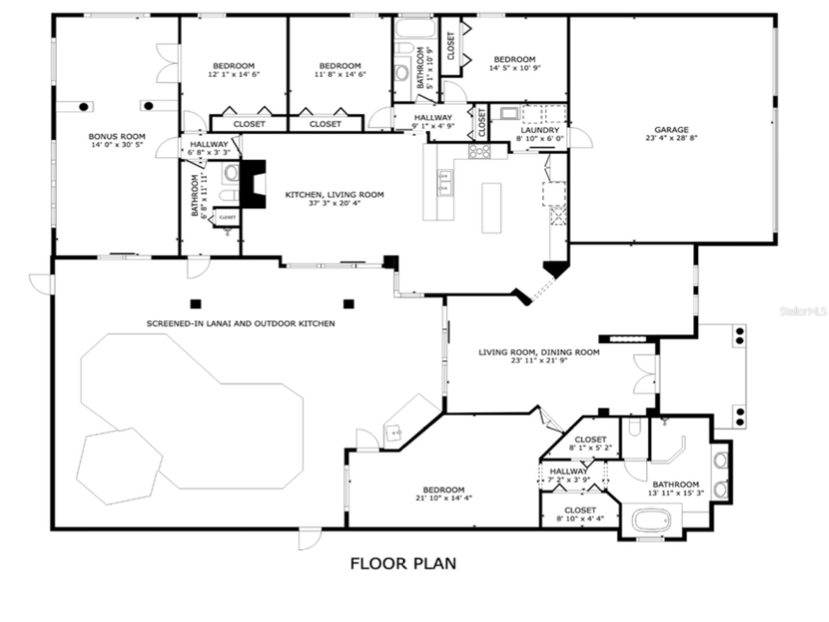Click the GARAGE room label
pyautogui.click(x=671, y=130)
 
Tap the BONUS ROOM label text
pyautogui.click(x=117, y=136)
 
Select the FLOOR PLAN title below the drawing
pyautogui.click(x=403, y=563)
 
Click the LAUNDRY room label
pyautogui.click(x=539, y=130)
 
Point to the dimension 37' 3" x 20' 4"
pyautogui.click(x=334, y=203)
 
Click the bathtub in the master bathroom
pyautogui.click(x=651, y=520)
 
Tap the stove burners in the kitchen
pyautogui.click(x=479, y=151)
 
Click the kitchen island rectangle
pyautogui.click(x=491, y=208)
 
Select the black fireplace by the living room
pyautogui.click(x=254, y=184)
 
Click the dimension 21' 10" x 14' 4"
pyautogui.click(x=444, y=498)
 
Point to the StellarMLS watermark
pyautogui.click(x=803, y=311)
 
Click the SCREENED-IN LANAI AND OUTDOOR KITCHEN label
pyautogui.click(x=240, y=323)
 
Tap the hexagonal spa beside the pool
pyautogui.click(x=118, y=465)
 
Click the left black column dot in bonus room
pyautogui.click(x=83, y=107)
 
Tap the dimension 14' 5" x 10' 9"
pyautogui.click(x=514, y=68)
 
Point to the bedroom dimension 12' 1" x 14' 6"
pyautogui.click(x=234, y=74)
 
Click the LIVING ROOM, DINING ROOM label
pyautogui.click(x=539, y=352)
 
